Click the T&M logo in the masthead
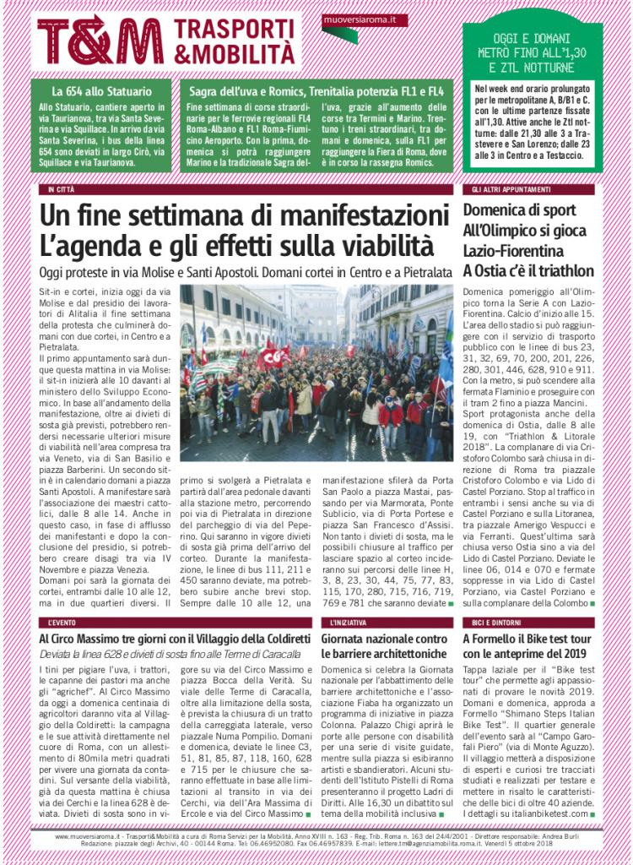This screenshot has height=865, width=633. pos(100,41)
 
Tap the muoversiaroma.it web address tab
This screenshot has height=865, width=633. pos(354,19)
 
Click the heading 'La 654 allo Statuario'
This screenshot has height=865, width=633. pos(101,91)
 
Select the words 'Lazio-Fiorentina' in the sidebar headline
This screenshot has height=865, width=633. pos(514,251)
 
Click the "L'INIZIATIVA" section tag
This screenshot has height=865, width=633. pos(348,622)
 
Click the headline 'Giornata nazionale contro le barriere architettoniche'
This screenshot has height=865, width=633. pos(384,646)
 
